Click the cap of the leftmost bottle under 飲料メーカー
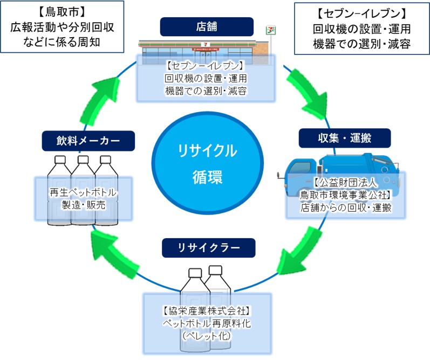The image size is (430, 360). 60,160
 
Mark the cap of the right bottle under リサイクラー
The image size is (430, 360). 216,269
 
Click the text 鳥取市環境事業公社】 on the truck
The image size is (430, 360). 345,196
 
